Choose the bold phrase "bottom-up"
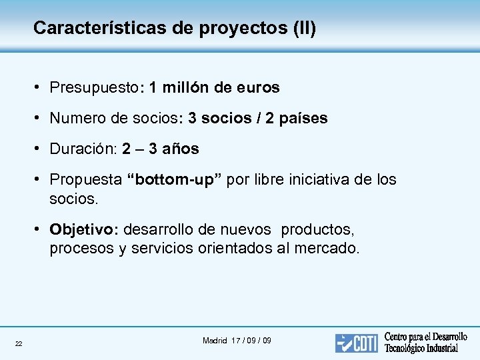(x=175, y=180)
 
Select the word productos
(x=317, y=230)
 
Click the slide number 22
(x=19, y=343)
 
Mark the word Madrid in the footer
(x=215, y=341)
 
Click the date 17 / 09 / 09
(x=251, y=341)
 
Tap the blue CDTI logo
(x=357, y=343)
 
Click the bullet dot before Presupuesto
(x=41, y=88)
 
